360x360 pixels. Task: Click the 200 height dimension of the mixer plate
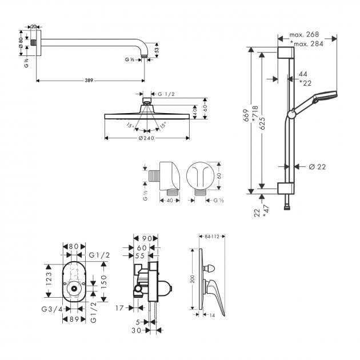192,279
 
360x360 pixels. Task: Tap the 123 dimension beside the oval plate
50,278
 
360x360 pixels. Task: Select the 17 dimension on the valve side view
118,307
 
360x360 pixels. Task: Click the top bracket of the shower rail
286,54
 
